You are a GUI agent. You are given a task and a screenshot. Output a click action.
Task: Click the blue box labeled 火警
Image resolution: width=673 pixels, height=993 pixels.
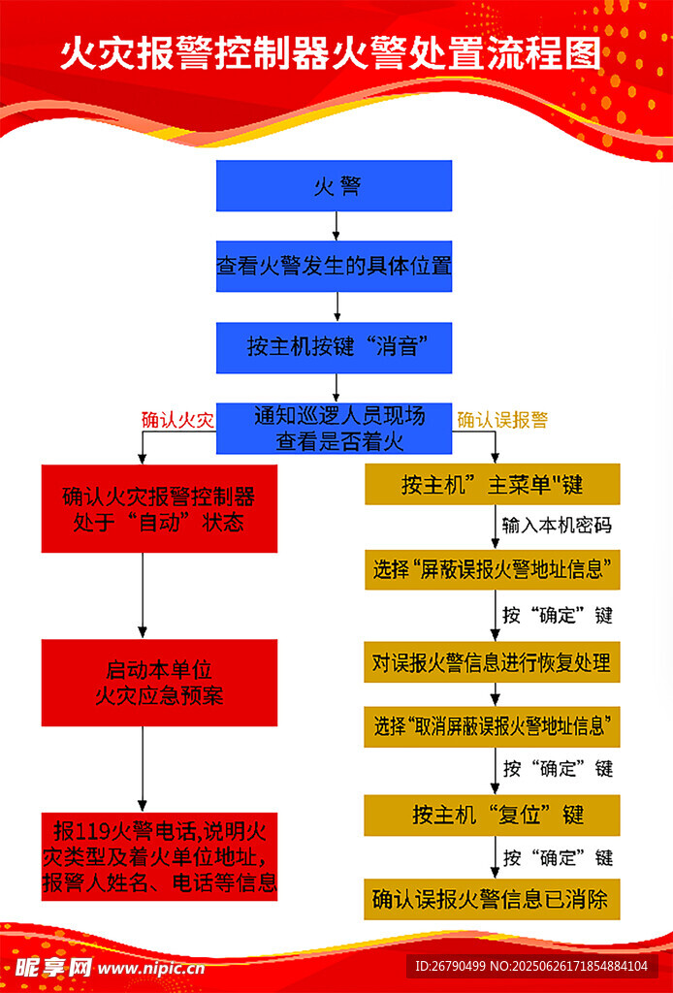(334, 186)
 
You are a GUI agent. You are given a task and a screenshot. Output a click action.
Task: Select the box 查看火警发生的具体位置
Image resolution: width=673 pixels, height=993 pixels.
(334, 266)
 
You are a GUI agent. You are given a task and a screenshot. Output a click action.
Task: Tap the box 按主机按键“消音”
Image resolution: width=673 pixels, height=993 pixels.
(334, 347)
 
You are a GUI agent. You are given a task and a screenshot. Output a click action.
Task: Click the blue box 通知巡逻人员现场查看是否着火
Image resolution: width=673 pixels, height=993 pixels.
(334, 429)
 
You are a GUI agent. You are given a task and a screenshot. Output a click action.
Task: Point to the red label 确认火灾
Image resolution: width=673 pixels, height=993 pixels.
(177, 420)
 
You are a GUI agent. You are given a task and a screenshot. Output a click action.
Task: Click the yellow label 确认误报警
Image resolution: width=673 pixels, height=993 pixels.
(502, 420)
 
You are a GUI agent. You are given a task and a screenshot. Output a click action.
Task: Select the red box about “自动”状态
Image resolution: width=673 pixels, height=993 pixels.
(159, 509)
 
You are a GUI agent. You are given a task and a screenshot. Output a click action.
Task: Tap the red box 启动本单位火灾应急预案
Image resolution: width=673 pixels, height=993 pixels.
(159, 683)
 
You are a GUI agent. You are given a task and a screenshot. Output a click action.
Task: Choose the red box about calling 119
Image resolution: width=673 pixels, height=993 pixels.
(159, 856)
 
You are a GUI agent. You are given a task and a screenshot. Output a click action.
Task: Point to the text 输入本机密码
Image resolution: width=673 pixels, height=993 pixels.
(557, 525)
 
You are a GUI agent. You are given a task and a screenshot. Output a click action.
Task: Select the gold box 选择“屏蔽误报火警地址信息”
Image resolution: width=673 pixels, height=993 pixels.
(492, 569)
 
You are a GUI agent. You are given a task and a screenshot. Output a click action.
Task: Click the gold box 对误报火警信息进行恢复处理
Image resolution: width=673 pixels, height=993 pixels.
(492, 663)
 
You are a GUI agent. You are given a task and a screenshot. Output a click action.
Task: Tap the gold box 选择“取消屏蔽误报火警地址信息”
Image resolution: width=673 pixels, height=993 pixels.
(492, 725)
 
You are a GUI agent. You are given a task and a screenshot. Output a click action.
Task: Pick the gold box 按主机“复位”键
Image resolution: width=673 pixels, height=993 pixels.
(492, 815)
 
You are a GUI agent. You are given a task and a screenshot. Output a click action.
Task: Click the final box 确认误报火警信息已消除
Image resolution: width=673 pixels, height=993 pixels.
(492, 900)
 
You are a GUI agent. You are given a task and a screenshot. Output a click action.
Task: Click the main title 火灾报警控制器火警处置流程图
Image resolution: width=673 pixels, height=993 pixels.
(330, 54)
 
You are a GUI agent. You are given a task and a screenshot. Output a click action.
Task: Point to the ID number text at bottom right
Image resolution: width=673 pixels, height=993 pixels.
(531, 966)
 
